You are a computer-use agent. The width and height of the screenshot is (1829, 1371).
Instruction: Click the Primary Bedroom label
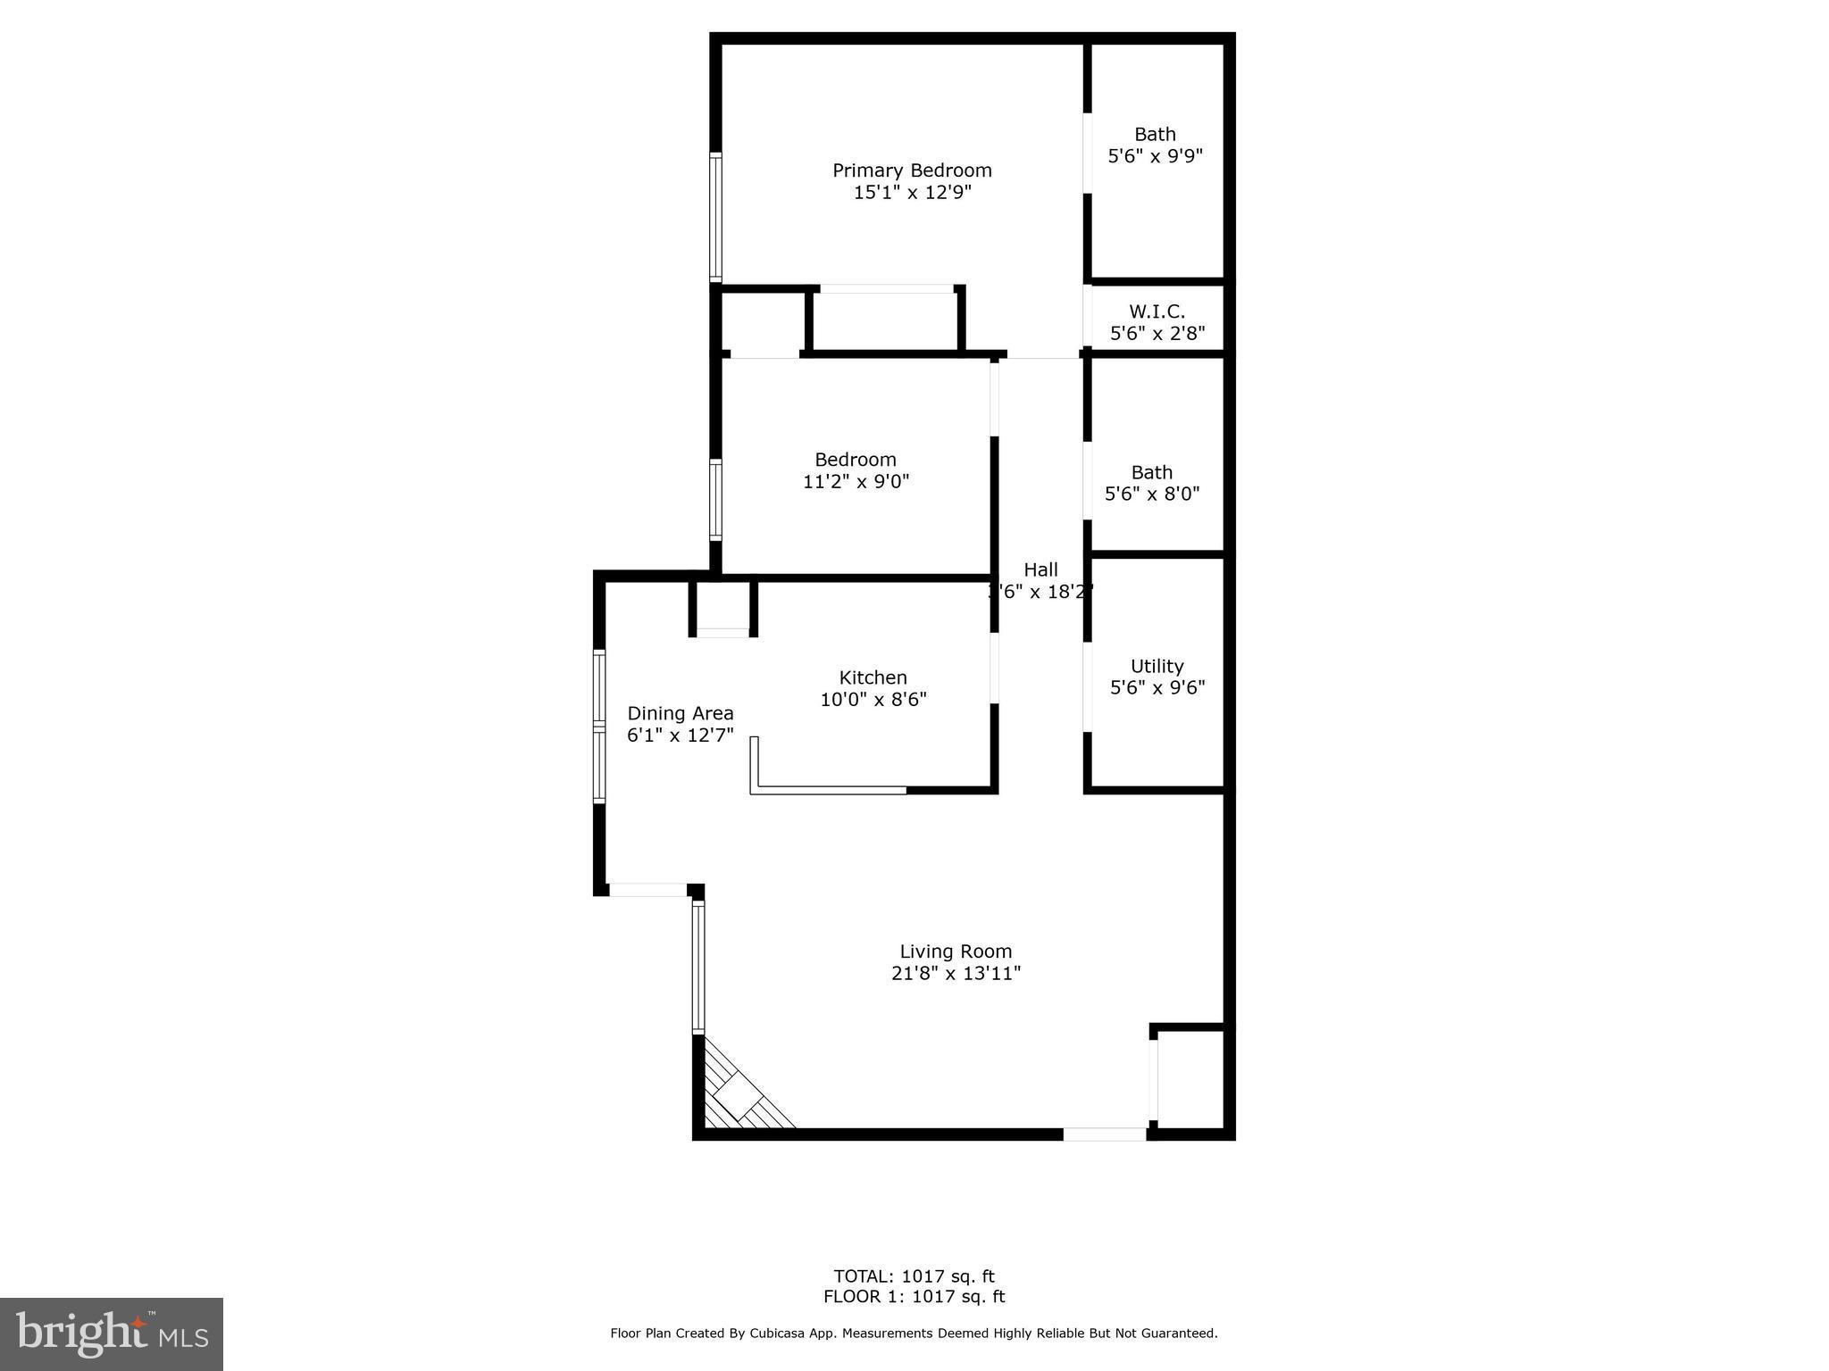coord(912,170)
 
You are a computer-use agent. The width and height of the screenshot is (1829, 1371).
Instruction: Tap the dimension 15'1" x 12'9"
coord(912,193)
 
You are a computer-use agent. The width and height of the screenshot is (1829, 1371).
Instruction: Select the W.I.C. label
coord(1157,312)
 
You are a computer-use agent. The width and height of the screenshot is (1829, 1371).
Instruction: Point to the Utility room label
coord(1157,667)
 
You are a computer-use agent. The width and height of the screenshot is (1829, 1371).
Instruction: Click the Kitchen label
coord(873,678)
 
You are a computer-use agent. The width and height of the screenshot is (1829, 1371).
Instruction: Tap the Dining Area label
coord(680,714)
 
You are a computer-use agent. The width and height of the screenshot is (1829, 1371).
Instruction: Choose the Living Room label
coord(955,952)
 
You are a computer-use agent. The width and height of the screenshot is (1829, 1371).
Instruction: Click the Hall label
coord(1040,570)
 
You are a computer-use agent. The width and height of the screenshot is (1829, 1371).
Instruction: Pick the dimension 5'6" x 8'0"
coord(1152,494)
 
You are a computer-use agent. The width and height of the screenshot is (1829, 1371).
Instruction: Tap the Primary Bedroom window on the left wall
coord(715,217)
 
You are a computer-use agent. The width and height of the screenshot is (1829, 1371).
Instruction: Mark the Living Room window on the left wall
coord(698,967)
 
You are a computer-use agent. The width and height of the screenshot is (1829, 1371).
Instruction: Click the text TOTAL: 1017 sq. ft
coord(914,1276)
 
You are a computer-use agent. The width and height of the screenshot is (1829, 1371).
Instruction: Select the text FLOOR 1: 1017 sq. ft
coord(914,1297)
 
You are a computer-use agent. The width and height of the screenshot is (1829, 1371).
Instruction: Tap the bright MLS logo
coord(112,1334)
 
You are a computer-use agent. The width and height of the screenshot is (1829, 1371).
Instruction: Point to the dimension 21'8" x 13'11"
coord(955,974)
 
